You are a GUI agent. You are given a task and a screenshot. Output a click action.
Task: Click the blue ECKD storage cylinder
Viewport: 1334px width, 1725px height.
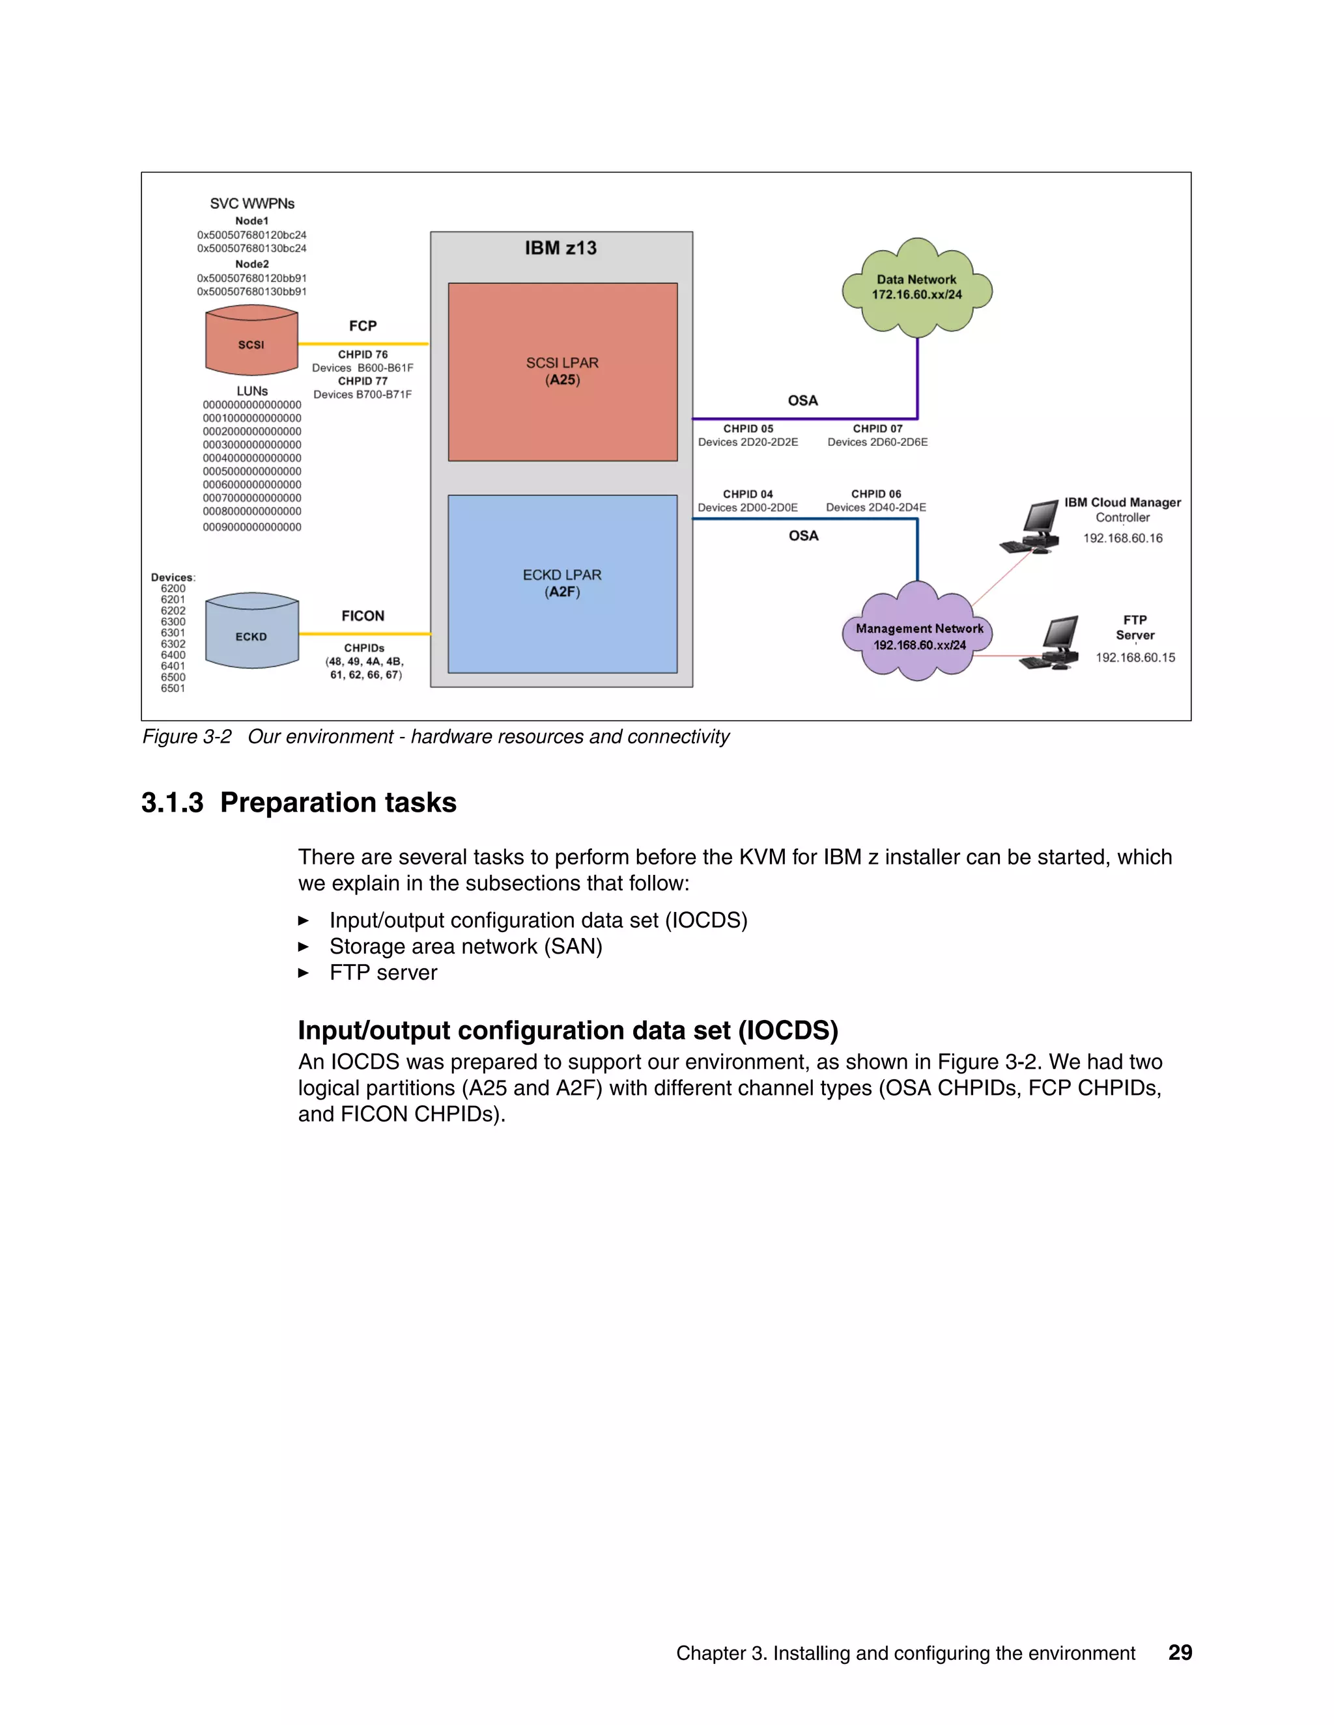[251, 632]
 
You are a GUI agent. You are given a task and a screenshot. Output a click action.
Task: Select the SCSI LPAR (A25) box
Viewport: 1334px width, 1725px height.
[562, 371]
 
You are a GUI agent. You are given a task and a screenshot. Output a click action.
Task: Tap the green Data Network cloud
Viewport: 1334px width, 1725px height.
[916, 288]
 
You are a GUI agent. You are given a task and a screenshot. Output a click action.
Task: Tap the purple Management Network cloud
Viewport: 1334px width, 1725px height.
[918, 636]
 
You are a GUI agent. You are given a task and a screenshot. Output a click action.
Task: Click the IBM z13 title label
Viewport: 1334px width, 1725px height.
[560, 248]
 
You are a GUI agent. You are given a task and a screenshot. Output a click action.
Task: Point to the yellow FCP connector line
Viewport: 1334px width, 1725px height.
[363, 344]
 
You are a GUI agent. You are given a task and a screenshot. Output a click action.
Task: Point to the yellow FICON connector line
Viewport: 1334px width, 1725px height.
[363, 633]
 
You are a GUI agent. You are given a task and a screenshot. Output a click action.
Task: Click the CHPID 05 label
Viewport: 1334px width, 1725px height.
[748, 429]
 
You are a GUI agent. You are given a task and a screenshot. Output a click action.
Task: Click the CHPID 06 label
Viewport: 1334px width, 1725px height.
[875, 493]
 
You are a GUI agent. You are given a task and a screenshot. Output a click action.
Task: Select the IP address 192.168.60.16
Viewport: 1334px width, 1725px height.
[1122, 538]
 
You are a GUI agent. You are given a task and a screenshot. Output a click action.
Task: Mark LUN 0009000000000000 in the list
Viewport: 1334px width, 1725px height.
[251, 527]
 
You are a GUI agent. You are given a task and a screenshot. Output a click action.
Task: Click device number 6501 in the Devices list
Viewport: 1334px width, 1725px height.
[173, 688]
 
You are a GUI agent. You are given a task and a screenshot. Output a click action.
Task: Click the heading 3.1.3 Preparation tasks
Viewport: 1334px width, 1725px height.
[299, 803]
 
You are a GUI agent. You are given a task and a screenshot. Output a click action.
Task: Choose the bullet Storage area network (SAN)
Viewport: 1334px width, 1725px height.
[466, 946]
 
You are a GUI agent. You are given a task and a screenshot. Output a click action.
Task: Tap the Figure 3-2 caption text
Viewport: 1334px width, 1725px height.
[434, 736]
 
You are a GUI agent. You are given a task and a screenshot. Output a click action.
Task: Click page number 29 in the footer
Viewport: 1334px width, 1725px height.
[1179, 1652]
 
